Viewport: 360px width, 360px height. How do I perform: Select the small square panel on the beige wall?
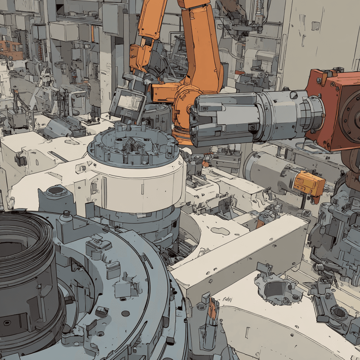coord(315,26)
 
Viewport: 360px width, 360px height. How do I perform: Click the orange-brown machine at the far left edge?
coord(9,49)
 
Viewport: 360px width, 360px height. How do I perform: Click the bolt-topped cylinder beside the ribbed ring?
coord(66,218)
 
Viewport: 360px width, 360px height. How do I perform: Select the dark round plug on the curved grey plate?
coord(126,313)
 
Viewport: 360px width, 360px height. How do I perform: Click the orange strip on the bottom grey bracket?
coord(212,309)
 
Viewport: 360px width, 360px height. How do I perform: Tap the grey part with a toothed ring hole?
coord(337,313)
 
